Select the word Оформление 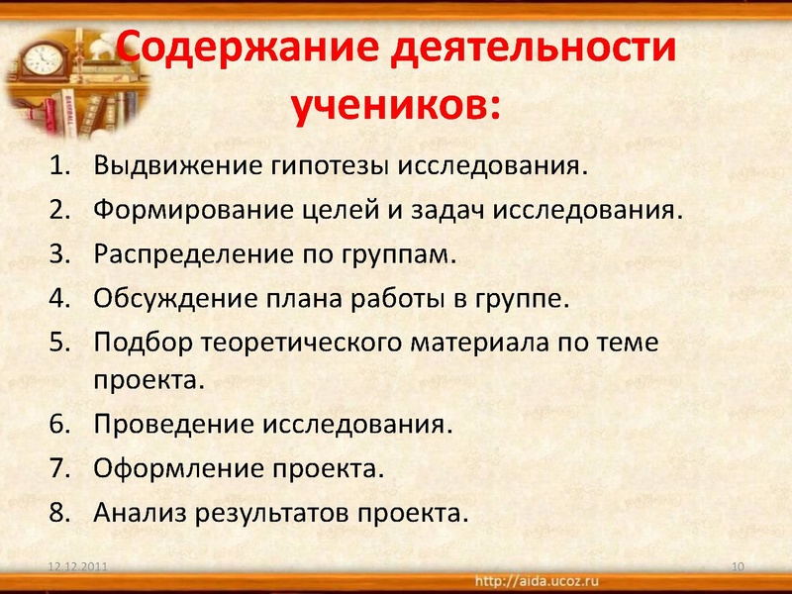pyautogui.click(x=175, y=468)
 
